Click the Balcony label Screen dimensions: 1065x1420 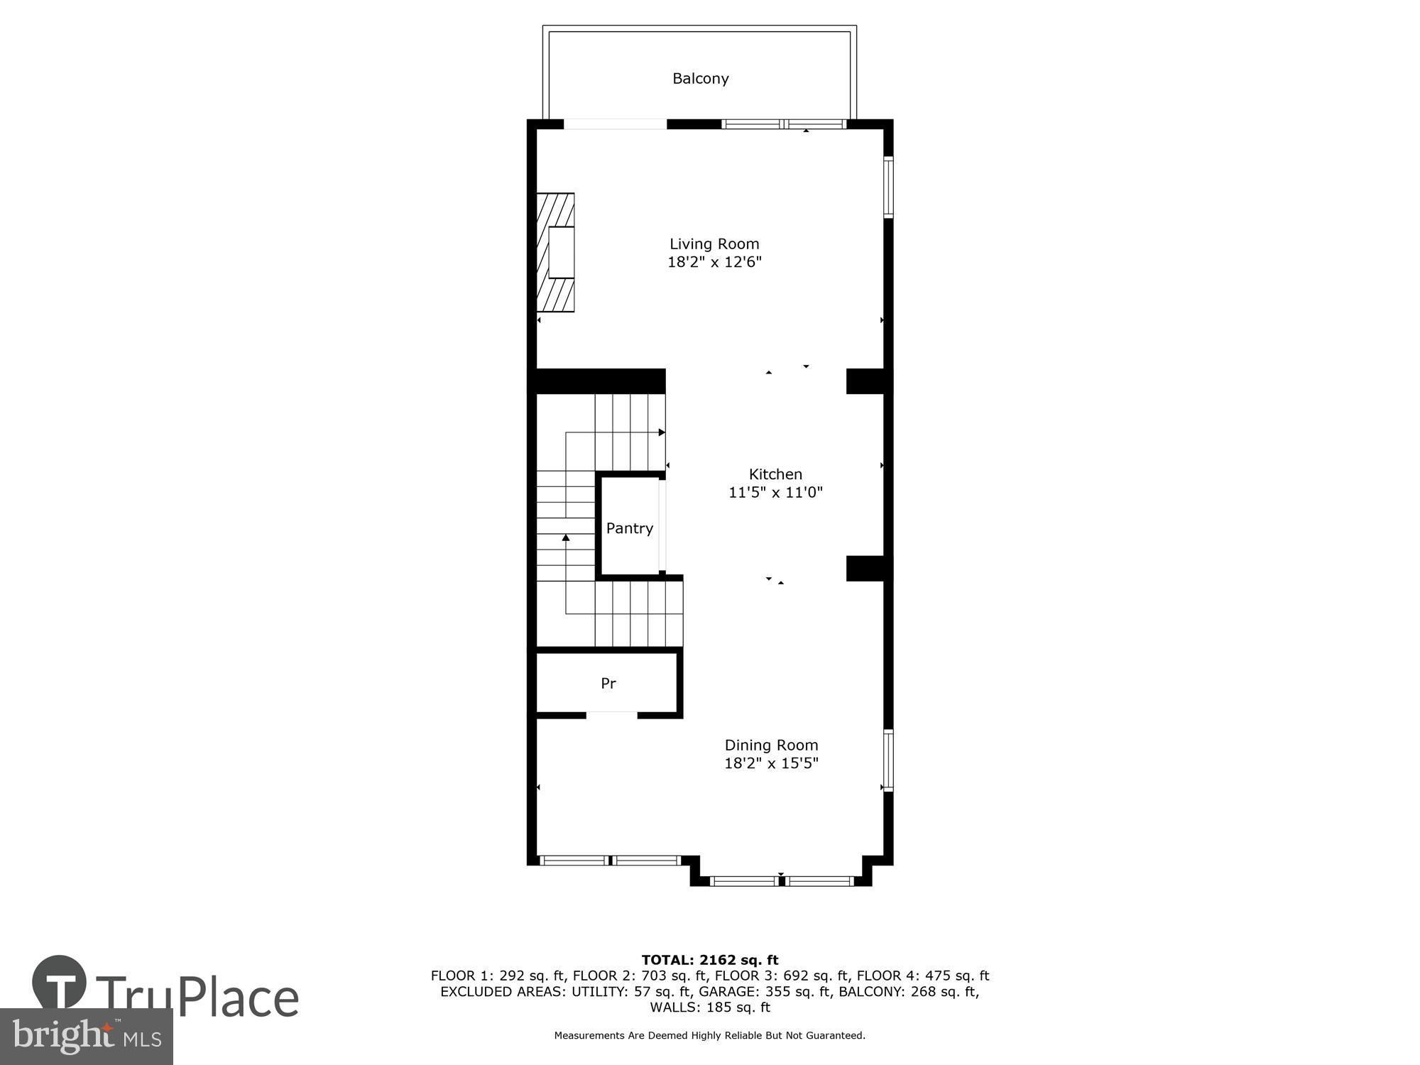click(700, 78)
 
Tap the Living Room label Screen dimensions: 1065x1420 click(714, 244)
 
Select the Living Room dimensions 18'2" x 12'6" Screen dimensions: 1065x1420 click(714, 262)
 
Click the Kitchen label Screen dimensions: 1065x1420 click(775, 474)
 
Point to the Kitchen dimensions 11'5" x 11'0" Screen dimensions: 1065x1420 click(775, 492)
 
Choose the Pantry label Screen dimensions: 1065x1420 click(629, 528)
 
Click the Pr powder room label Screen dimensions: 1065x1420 click(608, 683)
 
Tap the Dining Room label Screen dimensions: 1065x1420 click(771, 745)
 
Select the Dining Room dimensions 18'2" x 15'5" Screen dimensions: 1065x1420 click(771, 763)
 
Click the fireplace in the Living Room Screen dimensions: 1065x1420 click(556, 252)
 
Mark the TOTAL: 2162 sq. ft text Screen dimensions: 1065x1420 click(710, 960)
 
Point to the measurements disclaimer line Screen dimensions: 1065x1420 click(710, 1036)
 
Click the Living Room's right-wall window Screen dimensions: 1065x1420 click(887, 186)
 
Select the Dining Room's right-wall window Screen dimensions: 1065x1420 click(887, 760)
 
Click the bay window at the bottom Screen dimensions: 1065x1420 click(781, 881)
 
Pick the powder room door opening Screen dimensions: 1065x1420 click(612, 714)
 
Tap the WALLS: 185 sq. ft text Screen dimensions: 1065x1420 click(710, 1007)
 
